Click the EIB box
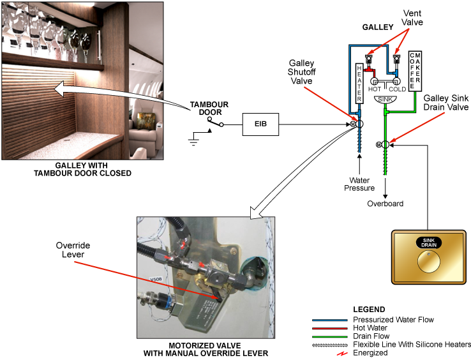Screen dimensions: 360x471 pos(261,124)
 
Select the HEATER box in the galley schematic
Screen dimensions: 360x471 pos(359,83)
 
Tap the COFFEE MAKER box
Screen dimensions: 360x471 pos(414,70)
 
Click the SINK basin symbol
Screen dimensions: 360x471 pos(384,100)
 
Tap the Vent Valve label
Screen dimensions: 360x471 pos(412,17)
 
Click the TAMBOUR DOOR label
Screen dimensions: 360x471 pos(209,109)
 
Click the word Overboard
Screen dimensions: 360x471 pos(385,204)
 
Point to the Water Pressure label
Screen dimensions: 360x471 pos(360,184)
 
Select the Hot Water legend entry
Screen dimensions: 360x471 pos(372,327)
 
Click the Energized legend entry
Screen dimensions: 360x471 pos(370,352)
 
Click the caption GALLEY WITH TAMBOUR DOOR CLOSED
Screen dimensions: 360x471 pos(84,169)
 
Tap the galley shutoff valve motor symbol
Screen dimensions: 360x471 pos(352,124)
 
